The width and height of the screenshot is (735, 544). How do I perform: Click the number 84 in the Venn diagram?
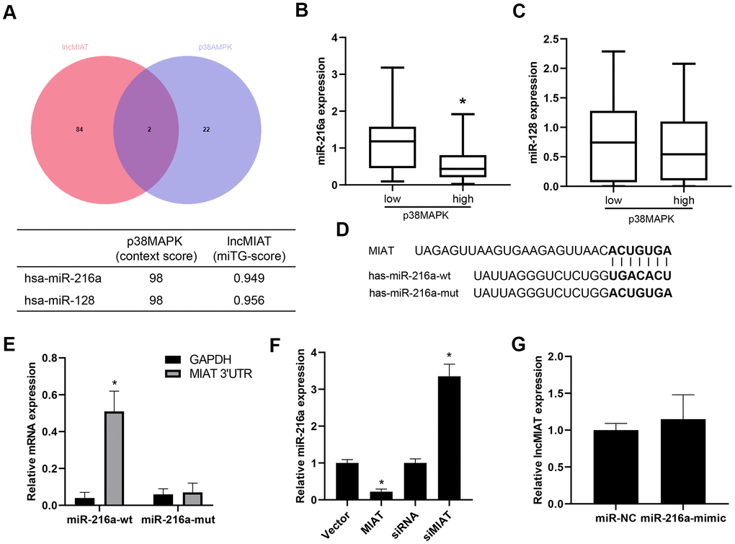tap(79, 129)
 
